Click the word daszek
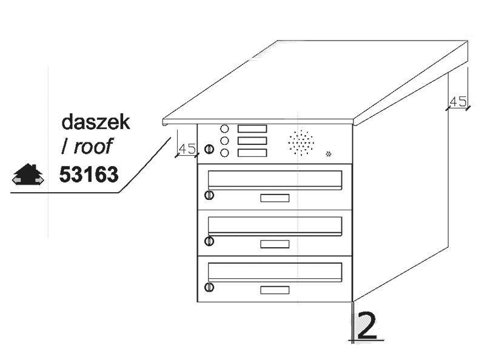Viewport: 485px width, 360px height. (x=96, y=121)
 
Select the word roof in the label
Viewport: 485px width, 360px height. (x=97, y=146)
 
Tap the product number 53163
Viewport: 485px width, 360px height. (x=89, y=175)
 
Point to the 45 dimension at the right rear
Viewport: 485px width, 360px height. (x=458, y=101)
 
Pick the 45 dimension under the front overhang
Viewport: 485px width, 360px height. (x=187, y=148)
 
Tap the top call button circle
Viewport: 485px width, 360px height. (x=224, y=129)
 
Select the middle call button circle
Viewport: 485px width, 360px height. (x=224, y=141)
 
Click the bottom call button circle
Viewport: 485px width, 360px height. (x=224, y=153)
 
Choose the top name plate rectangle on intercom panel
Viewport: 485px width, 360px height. (x=252, y=128)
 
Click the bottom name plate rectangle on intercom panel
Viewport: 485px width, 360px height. (x=252, y=153)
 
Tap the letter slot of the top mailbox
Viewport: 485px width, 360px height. (x=275, y=179)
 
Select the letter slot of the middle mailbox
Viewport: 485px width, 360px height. (x=275, y=225)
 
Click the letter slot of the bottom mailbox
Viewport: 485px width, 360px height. (x=275, y=270)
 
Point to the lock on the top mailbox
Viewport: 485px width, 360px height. (x=209, y=195)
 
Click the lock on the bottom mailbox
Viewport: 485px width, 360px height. (x=209, y=287)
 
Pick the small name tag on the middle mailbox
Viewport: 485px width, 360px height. (x=275, y=244)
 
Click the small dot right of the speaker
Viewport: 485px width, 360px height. (x=329, y=153)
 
